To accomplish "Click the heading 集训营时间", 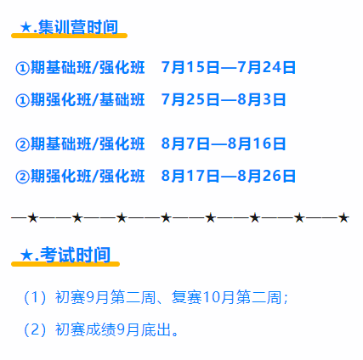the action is tap(78, 27).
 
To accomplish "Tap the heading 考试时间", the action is tap(75, 255).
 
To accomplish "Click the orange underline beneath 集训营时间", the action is tap(69, 36).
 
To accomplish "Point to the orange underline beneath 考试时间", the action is tap(65, 264).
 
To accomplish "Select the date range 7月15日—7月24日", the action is tap(229, 67).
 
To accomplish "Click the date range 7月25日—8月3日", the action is tap(224, 99).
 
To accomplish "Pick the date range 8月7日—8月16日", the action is tap(224, 143).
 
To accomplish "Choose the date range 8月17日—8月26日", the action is tap(229, 176).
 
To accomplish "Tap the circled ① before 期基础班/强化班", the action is tap(22, 68).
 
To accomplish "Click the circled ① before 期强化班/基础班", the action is tap(22, 100).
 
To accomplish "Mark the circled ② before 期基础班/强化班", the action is tap(22, 144).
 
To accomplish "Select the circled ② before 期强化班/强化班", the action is tap(22, 177).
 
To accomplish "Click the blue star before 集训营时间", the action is tap(26, 27).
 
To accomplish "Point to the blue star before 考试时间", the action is tap(26, 256).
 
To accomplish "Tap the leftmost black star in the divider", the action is tap(33, 218).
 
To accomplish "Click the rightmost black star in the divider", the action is tap(343, 218).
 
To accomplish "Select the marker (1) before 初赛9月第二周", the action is tap(35, 297).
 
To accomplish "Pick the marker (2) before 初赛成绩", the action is tap(35, 329).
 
